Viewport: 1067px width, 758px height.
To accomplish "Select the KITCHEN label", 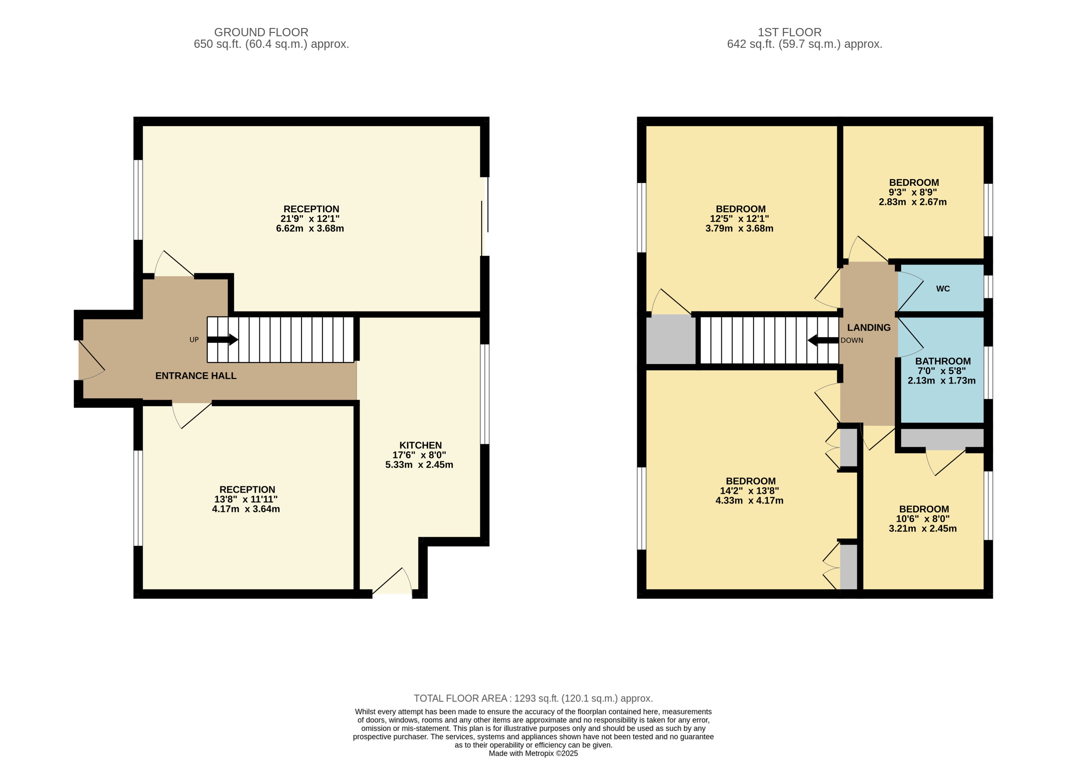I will click(x=420, y=445).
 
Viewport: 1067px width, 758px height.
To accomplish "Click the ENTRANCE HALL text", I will click(x=195, y=376).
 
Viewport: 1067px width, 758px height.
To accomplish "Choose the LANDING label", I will click(x=868, y=328).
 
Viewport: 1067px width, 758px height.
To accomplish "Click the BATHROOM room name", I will click(x=943, y=361).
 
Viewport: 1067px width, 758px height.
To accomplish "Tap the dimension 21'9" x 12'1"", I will click(x=310, y=219).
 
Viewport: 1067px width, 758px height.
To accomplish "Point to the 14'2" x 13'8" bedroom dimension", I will click(x=749, y=491).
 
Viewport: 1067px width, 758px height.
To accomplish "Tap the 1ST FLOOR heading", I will click(x=789, y=32).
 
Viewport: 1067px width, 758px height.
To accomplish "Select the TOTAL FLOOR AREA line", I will click(x=533, y=698).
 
